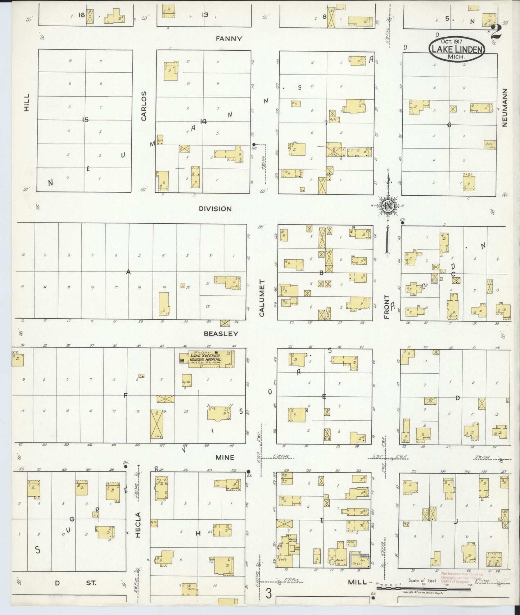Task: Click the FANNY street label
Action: click(x=229, y=39)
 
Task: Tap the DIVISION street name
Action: click(x=216, y=209)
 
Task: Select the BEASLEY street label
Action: click(x=221, y=333)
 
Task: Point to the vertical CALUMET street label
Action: click(x=262, y=298)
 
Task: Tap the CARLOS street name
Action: click(x=144, y=106)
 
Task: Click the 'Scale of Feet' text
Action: click(x=422, y=591)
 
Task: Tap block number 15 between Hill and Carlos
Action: click(x=85, y=120)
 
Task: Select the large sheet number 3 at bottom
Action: click(x=268, y=593)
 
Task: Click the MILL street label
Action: click(x=357, y=592)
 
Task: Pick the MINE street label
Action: click(x=225, y=457)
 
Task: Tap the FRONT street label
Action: click(x=387, y=307)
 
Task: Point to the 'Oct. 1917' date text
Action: click(x=456, y=42)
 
